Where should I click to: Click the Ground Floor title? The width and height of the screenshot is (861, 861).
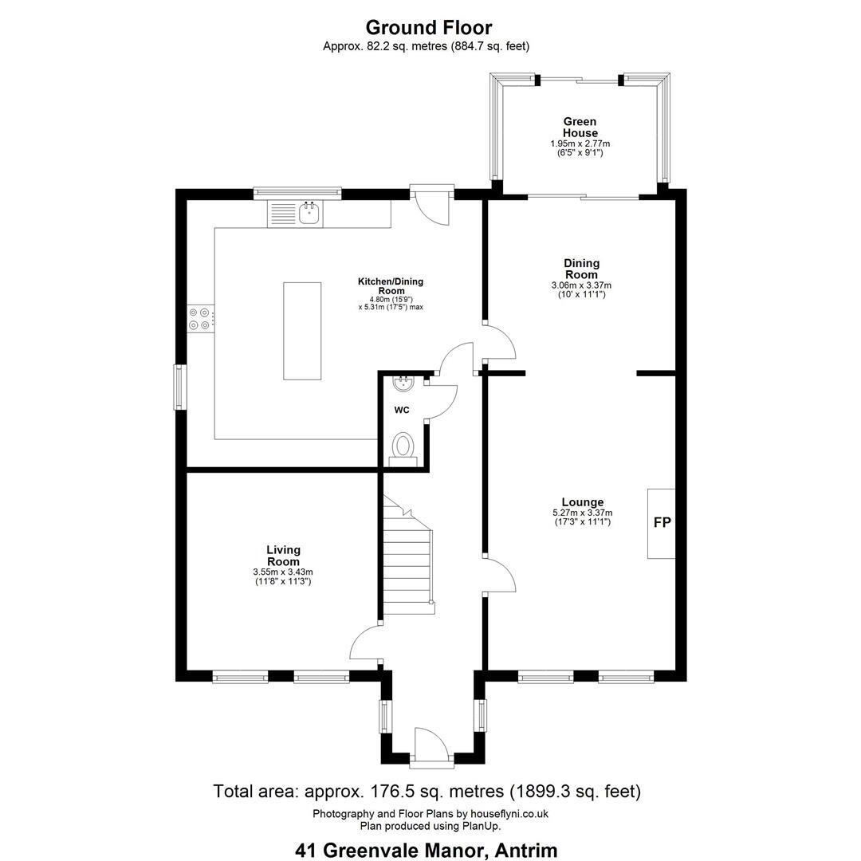(429, 27)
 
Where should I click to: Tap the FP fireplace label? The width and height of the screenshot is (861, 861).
(662, 522)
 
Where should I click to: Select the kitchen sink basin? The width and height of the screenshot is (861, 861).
(309, 213)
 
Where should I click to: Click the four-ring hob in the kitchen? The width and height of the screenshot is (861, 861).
(200, 319)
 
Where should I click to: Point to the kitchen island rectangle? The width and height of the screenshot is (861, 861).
(302, 331)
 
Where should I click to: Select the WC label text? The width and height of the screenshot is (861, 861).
(401, 411)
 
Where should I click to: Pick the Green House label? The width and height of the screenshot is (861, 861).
(580, 128)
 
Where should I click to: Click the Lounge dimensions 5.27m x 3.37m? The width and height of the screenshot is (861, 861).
(583, 513)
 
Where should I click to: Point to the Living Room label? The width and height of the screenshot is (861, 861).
(283, 556)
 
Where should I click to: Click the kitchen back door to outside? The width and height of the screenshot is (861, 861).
(432, 206)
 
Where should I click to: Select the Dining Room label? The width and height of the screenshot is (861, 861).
(581, 269)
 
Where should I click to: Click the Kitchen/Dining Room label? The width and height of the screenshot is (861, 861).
(391, 286)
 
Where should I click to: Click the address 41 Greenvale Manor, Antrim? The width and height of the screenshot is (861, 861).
(427, 850)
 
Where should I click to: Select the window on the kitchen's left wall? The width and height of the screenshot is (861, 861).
(180, 387)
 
